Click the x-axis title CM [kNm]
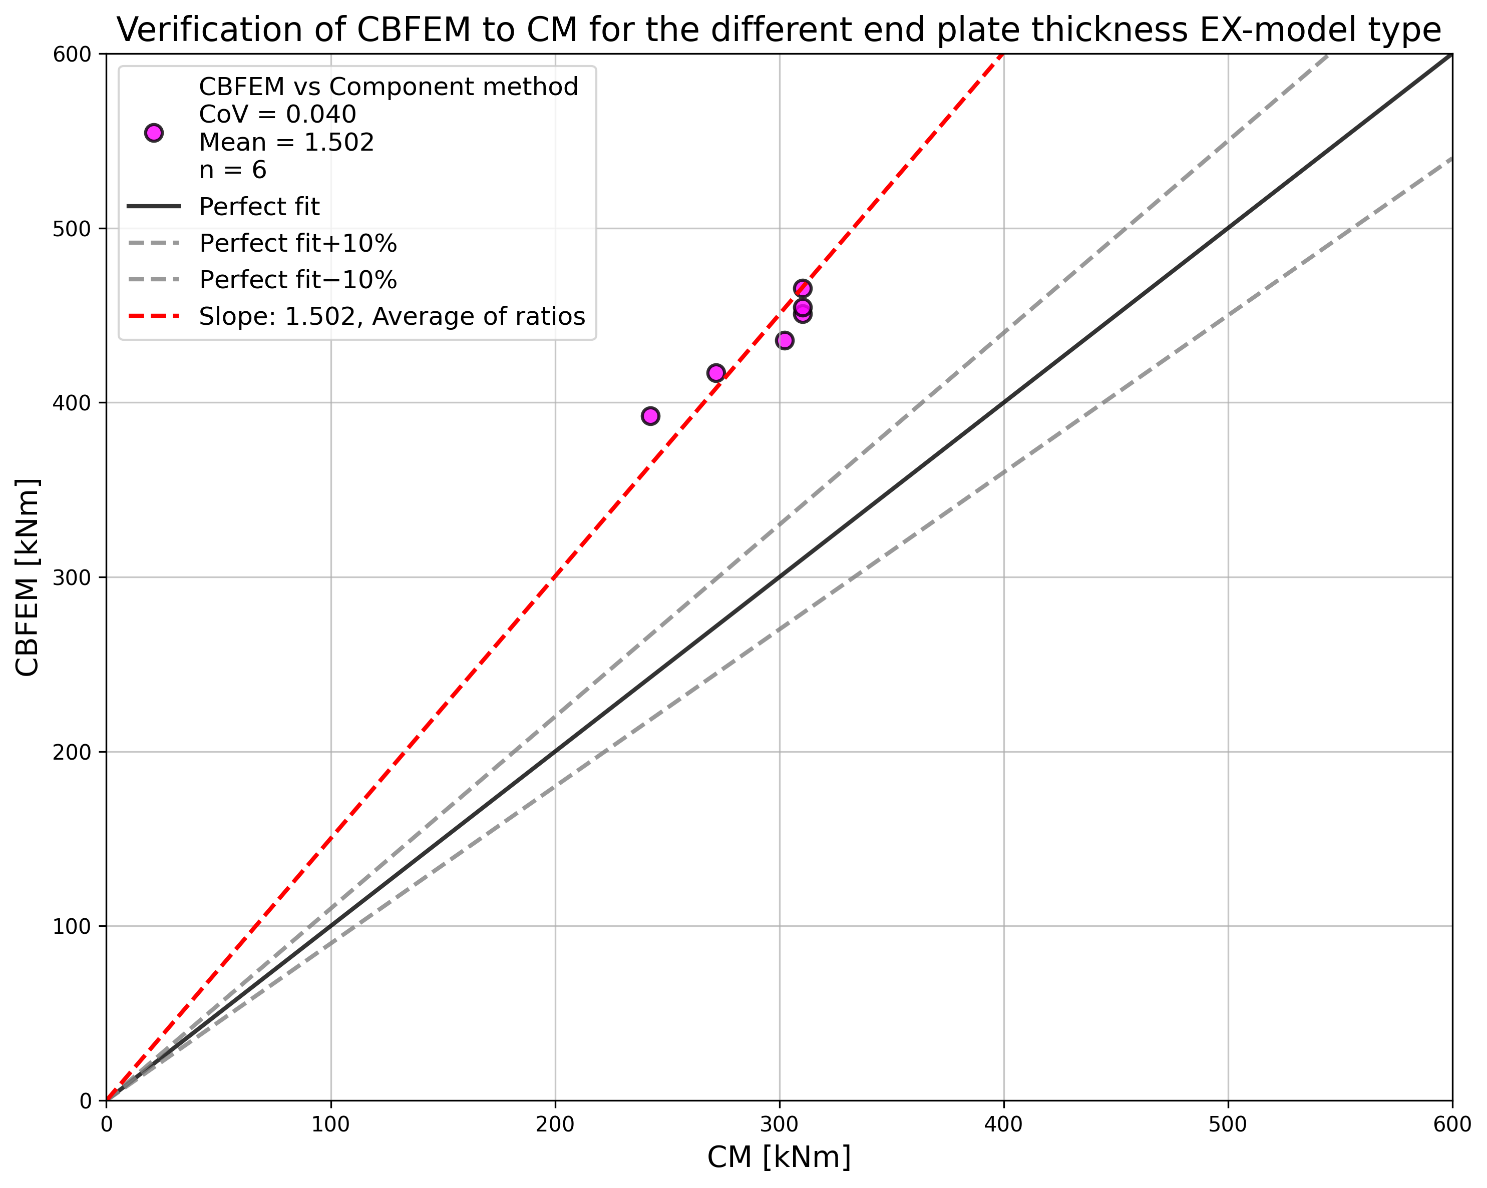tap(779, 1156)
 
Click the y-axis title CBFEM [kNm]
tap(28, 576)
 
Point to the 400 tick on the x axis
tap(1003, 1124)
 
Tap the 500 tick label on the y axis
tap(72, 228)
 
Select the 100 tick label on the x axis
tap(330, 1124)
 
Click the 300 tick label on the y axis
tap(72, 577)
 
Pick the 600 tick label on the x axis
tap(1451, 1124)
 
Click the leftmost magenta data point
tap(650, 416)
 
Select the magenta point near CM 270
tap(716, 373)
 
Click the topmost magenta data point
tap(802, 288)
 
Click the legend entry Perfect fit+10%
tap(298, 243)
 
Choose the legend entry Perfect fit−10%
tap(298, 280)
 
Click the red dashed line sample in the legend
tap(154, 316)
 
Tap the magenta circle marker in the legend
tap(154, 133)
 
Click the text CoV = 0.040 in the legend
tap(277, 115)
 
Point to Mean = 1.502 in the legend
tap(286, 142)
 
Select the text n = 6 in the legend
tap(232, 170)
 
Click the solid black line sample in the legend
tap(154, 207)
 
